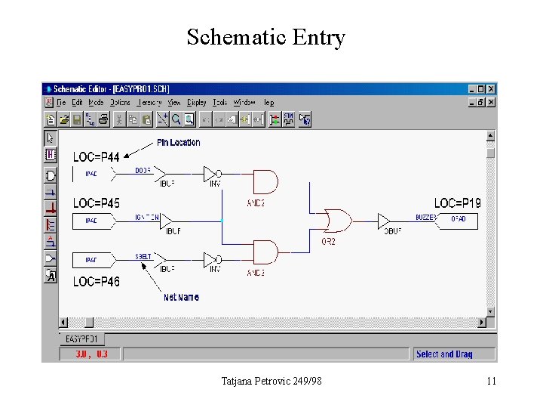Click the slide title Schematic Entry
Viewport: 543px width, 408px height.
[265, 37]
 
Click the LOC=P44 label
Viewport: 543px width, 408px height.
[96, 157]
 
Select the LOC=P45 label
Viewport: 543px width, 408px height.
[96, 203]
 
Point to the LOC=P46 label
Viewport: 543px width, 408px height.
[96, 281]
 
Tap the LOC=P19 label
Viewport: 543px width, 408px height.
[457, 203]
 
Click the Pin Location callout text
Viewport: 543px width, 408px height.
[179, 142]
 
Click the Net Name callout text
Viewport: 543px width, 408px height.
[181, 297]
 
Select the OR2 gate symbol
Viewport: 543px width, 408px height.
[336, 220]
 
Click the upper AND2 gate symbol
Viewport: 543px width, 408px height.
[265, 181]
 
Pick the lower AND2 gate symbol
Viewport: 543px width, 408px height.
[265, 252]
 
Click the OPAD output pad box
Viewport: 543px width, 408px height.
[458, 220]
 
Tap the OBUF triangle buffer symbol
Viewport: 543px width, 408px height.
[384, 220]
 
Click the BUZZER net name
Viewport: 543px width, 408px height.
[426, 218]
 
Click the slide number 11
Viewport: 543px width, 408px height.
[491, 381]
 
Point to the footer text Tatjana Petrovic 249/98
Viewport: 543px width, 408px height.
[271, 381]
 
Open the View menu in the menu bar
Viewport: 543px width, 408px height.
[174, 102]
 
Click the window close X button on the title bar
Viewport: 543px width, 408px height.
[492, 88]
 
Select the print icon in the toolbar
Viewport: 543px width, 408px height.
[103, 119]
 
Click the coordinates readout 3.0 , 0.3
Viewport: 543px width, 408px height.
[91, 354]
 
